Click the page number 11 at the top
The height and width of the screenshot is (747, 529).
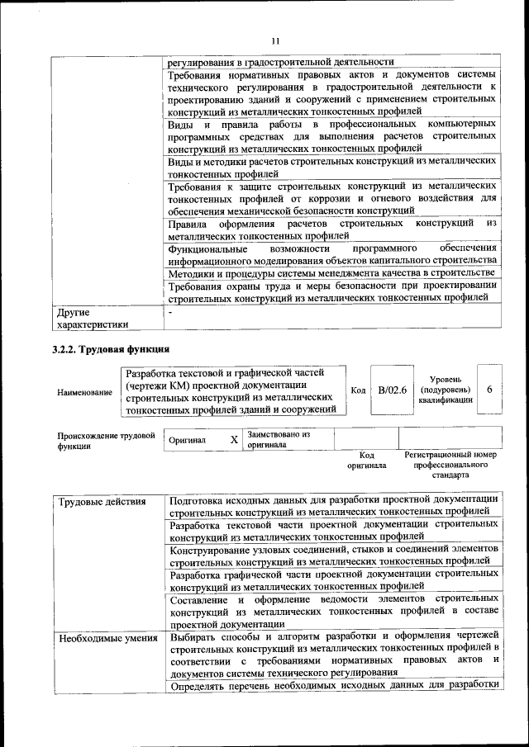(275, 41)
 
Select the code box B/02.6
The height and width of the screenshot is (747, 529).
(392, 390)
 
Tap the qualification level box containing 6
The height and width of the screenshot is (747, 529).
(490, 389)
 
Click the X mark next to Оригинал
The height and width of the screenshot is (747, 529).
(234, 440)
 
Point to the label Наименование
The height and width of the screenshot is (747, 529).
(84, 392)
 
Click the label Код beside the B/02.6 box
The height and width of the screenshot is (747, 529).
(358, 390)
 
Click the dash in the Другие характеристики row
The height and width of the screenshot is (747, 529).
(170, 314)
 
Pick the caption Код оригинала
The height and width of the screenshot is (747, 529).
(367, 460)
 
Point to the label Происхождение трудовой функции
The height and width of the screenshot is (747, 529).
(106, 440)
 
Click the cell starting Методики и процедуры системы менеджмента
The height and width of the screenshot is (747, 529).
(331, 272)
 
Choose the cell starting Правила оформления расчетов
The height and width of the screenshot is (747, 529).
(331, 229)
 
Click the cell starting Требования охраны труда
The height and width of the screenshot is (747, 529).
(331, 293)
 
